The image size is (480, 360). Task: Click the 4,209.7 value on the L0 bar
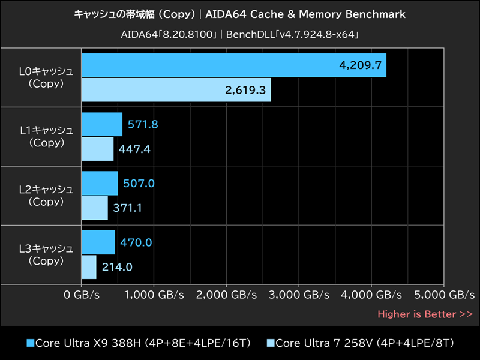click(361, 65)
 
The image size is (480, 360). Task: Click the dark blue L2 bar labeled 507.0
click(99, 183)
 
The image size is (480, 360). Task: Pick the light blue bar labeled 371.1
click(94, 208)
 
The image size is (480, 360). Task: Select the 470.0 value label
click(136, 242)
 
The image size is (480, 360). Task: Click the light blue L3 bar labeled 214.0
click(88, 267)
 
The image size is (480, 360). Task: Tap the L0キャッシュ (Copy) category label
click(46, 77)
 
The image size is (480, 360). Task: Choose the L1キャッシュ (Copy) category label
click(46, 136)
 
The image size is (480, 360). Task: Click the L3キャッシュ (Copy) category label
click(46, 254)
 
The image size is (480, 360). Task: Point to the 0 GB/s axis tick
click(82, 295)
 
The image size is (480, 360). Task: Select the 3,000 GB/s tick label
click(299, 295)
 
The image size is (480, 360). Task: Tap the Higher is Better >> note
click(425, 314)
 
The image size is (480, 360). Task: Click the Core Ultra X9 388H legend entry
click(138, 343)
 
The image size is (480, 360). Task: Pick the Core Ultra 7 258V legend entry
click(360, 343)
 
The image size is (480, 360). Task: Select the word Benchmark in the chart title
click(376, 14)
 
